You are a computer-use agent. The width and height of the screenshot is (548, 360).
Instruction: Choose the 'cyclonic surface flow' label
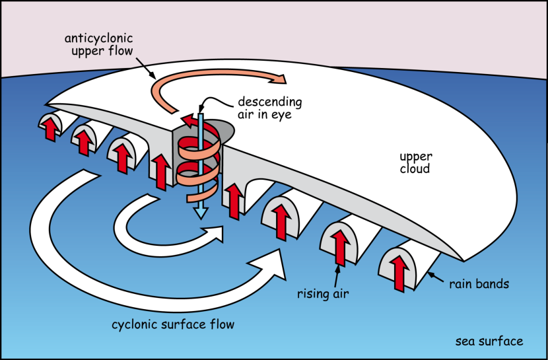pos(173,324)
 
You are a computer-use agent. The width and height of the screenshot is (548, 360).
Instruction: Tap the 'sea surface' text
pos(489,342)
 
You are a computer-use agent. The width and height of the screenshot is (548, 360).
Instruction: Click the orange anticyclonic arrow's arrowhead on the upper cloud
pos(280,79)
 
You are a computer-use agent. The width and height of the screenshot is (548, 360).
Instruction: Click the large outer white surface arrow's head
pos(276,264)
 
